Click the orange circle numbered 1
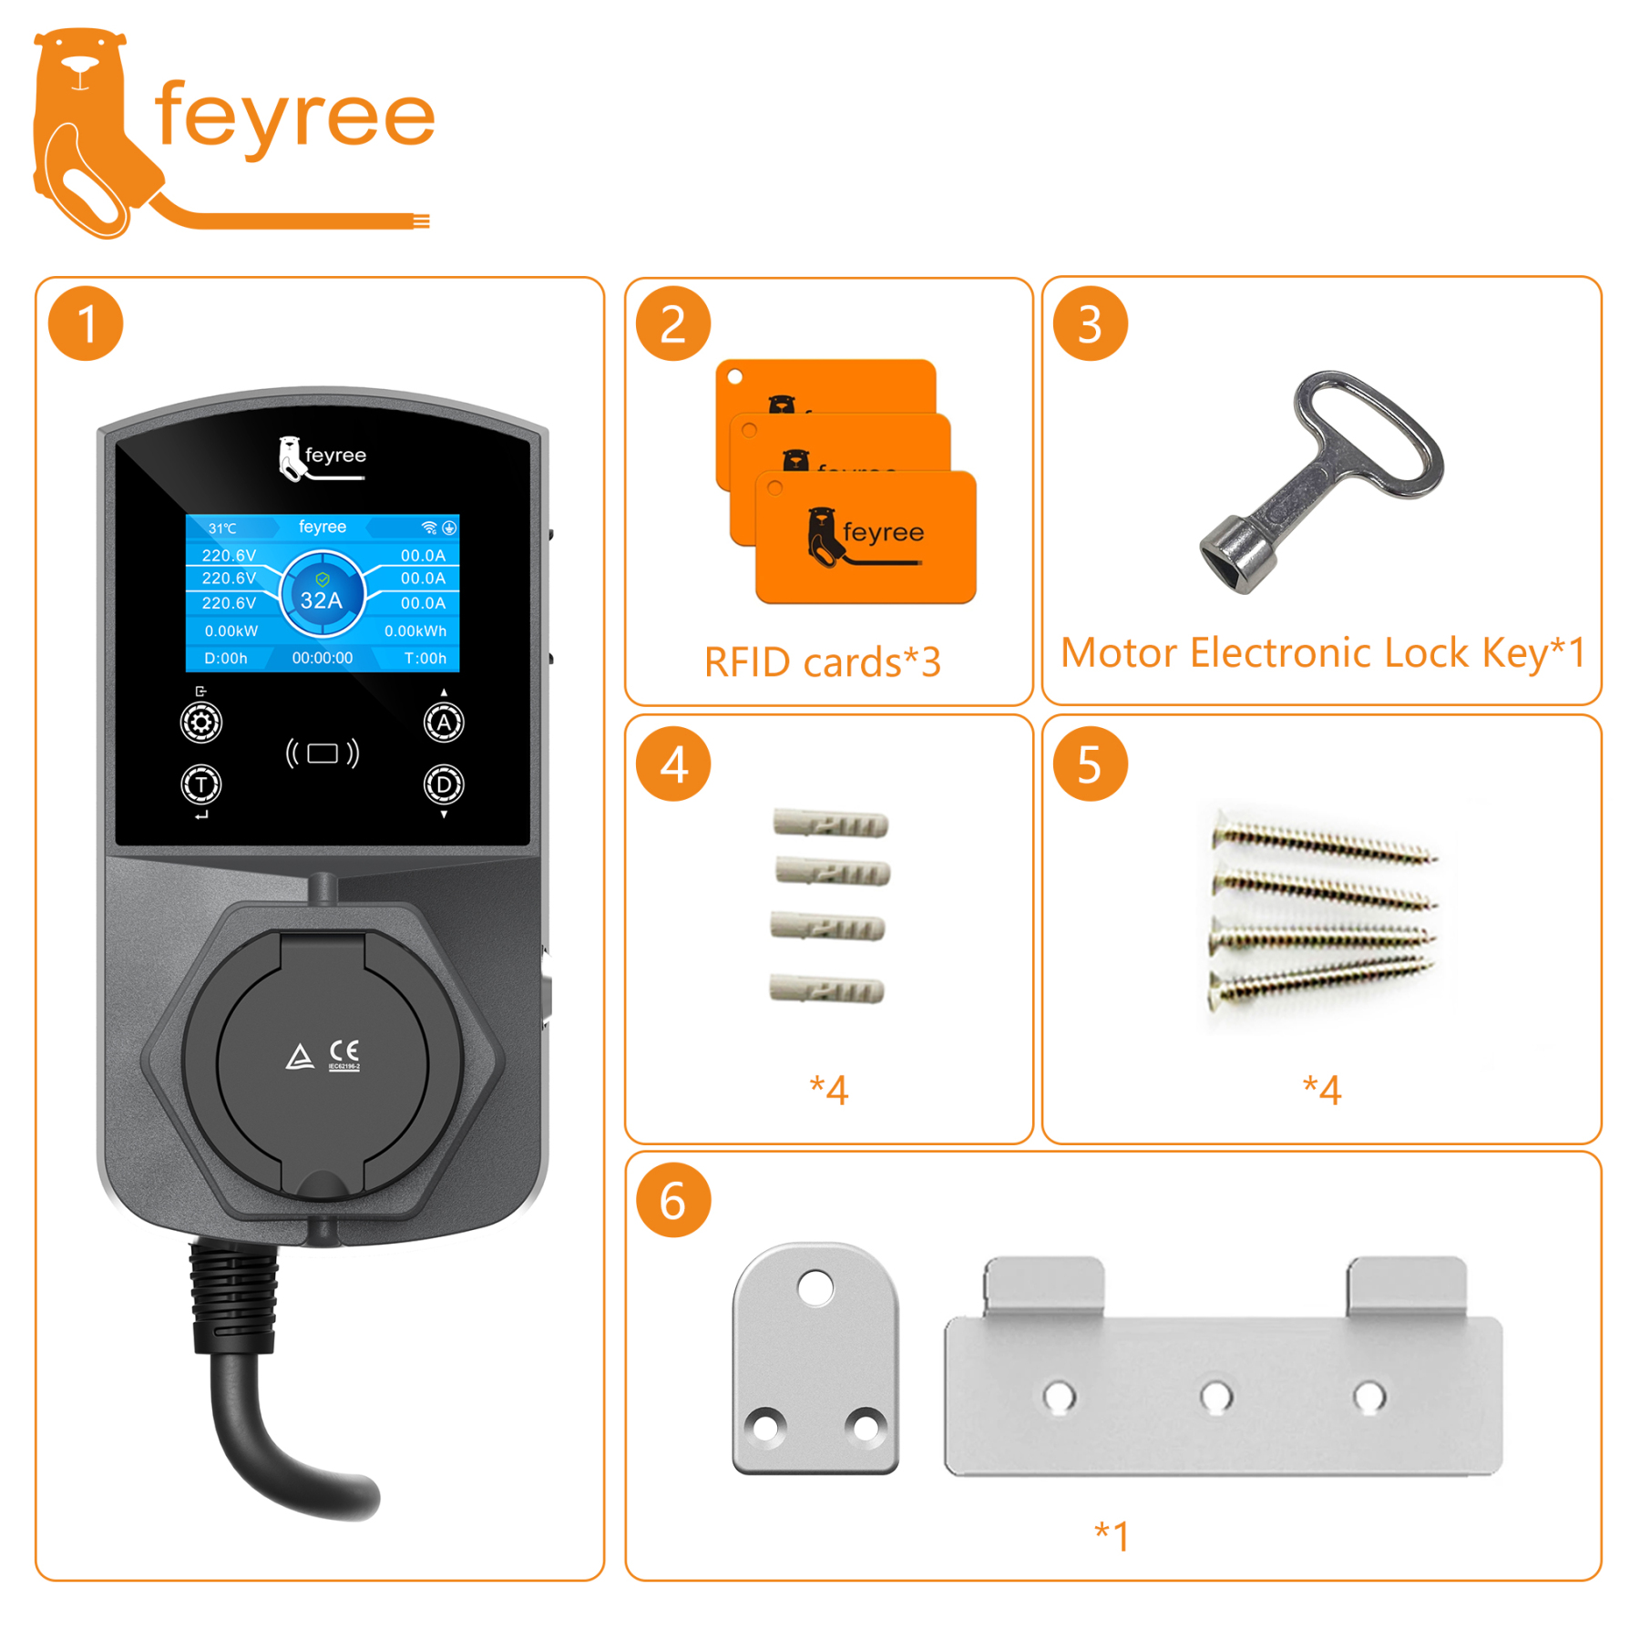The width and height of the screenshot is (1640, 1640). (86, 324)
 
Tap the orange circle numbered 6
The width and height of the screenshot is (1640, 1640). (672, 1201)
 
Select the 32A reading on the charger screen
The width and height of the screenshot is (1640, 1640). (322, 600)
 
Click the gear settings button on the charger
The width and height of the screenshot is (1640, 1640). (201, 723)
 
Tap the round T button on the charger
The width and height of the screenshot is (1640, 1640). (201, 784)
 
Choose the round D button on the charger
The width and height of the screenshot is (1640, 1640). (444, 784)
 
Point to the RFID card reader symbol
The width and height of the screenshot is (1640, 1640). (323, 753)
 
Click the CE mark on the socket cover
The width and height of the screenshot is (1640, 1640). (344, 1051)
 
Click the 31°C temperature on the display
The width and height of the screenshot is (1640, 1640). (222, 528)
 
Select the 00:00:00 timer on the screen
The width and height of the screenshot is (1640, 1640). (323, 658)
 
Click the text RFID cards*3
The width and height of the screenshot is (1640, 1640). (822, 662)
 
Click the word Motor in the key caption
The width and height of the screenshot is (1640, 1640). (1119, 653)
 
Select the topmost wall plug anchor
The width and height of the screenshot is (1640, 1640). (830, 824)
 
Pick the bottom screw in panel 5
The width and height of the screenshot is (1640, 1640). (1321, 979)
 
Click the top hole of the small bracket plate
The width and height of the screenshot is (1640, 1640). (815, 1288)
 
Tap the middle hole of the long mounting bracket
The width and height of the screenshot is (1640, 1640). (1216, 1396)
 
